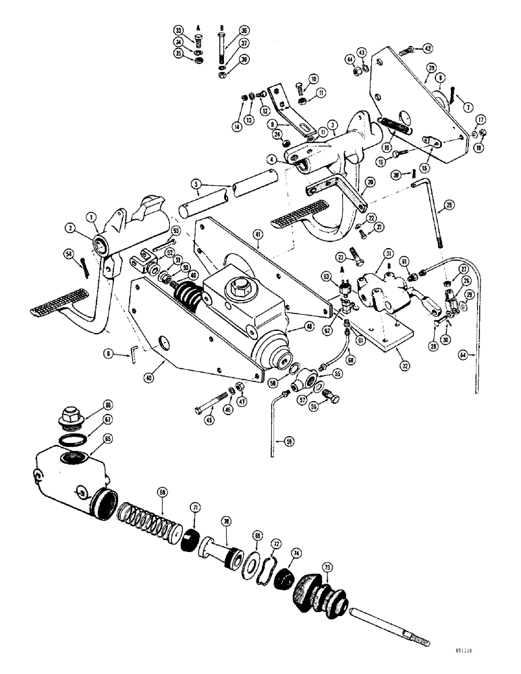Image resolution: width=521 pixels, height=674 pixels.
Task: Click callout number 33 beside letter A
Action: coord(178,30)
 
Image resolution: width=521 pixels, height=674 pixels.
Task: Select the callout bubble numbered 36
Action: coord(244,30)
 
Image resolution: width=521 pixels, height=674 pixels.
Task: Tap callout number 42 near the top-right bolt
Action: coord(427,48)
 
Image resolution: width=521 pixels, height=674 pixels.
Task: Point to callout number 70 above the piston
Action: coord(227,521)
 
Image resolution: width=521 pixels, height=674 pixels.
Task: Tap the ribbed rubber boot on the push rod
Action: coord(322,594)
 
